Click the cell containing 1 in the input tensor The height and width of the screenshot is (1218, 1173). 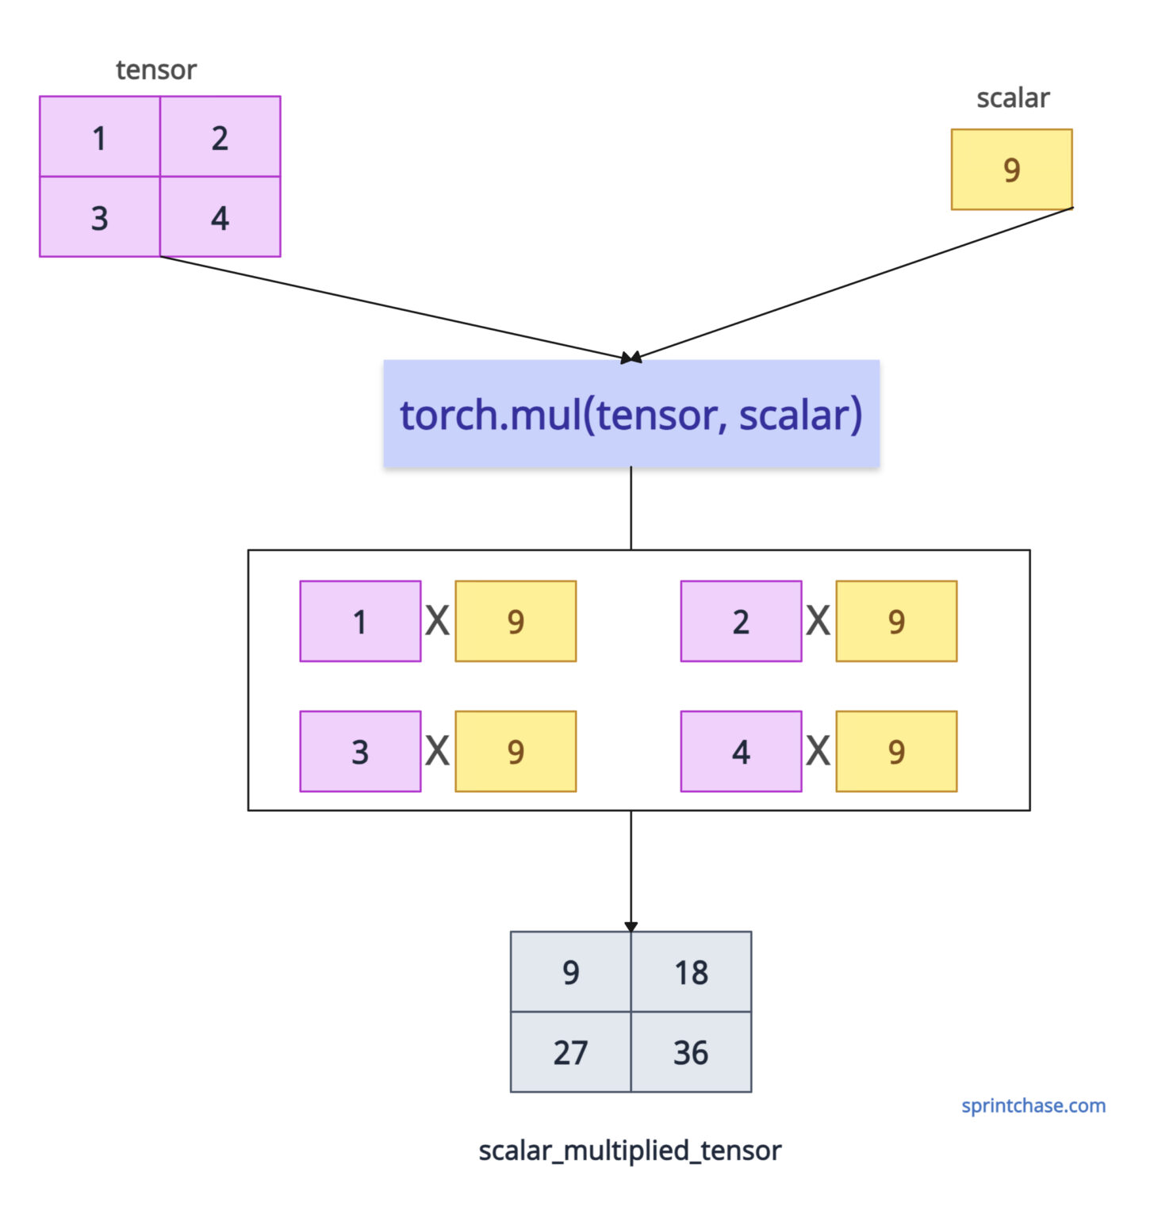[100, 137]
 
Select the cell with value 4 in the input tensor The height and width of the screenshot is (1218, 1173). [220, 217]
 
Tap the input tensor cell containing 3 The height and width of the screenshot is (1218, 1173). [100, 217]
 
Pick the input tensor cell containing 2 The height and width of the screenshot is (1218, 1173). [220, 137]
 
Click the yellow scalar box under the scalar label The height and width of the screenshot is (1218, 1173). [1011, 170]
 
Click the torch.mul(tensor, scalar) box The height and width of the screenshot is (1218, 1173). [631, 414]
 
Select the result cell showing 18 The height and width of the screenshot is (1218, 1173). [691, 972]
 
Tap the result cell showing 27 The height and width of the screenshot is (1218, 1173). [571, 1052]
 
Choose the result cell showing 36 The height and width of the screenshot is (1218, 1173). [691, 1052]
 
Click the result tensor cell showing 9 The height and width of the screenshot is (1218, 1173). [571, 972]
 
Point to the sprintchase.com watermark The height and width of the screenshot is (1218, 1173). [1033, 1105]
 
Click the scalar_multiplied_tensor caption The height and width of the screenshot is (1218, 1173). [630, 1150]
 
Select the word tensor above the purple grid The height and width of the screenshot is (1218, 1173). [156, 70]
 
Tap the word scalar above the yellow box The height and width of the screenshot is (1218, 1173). [1013, 98]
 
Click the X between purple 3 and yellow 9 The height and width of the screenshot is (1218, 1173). [438, 751]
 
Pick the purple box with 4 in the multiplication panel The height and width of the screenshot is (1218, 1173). [741, 751]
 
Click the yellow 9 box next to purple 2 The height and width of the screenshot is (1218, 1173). [896, 621]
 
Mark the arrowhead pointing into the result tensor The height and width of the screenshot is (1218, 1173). [631, 926]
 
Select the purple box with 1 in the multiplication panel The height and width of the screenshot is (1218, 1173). [360, 621]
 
